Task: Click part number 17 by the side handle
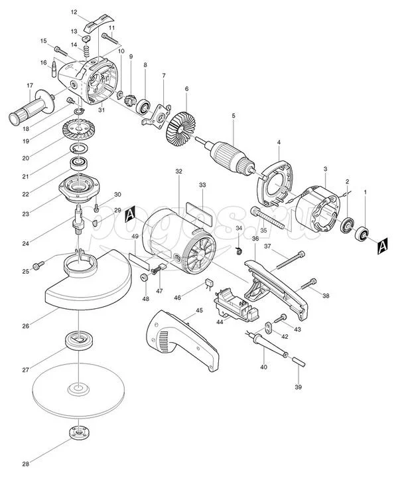(x=29, y=86)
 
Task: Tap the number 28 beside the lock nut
(x=25, y=463)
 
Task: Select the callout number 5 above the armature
(x=233, y=116)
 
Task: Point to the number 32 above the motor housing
(x=178, y=171)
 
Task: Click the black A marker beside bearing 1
(x=382, y=247)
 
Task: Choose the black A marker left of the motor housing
(x=131, y=213)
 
